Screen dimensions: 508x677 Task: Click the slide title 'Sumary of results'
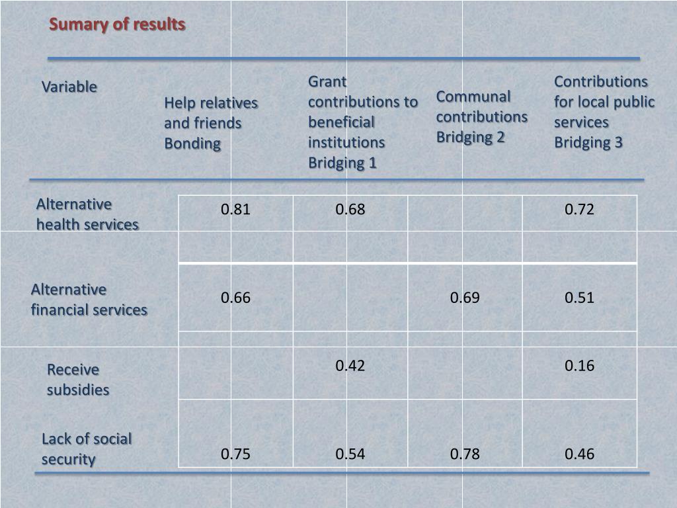pos(117,24)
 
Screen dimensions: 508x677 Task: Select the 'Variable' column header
pos(69,87)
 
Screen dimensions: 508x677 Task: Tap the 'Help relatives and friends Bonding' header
pos(211,123)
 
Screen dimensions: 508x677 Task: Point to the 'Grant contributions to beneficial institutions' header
pos(363,122)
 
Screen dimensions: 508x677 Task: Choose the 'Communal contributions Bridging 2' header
pos(481,116)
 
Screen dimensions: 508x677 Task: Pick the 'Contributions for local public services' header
pos(604,112)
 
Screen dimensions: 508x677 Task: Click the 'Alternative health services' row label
pos(87,214)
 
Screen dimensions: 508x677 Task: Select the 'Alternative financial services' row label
pos(89,299)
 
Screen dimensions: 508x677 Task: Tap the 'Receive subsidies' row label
pos(78,379)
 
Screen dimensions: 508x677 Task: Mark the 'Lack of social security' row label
pos(87,448)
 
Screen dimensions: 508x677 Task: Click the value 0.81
pos(236,210)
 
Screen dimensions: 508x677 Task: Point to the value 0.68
pos(350,210)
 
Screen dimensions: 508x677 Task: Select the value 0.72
pos(580,210)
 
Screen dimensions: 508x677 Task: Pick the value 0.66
pos(236,298)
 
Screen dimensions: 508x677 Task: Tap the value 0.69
pos(465,298)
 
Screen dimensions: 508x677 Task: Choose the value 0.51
pos(580,298)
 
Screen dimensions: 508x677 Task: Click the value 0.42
pos(350,366)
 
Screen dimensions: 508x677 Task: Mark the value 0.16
pos(580,366)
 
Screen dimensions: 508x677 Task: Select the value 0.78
pos(465,454)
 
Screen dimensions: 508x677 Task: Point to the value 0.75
pos(236,454)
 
